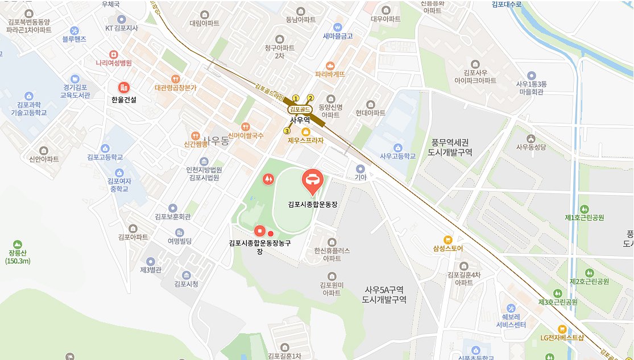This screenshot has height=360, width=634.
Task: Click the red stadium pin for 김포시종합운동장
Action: [x=312, y=180]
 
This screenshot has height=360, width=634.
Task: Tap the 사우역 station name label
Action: [x=299, y=120]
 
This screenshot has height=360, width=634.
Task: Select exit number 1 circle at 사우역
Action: [x=296, y=98]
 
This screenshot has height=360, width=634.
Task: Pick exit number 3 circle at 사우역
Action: [x=287, y=131]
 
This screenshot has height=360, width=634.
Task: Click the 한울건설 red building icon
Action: [x=123, y=88]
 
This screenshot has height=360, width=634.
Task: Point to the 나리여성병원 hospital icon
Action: [x=114, y=53]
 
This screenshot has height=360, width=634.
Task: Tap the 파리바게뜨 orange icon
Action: [x=330, y=65]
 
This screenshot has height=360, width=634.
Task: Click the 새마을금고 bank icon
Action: [x=338, y=27]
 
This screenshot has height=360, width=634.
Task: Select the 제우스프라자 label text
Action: [x=305, y=140]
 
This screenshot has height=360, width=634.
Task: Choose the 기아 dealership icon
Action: [x=360, y=168]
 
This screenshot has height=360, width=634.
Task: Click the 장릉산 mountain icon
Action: [x=18, y=244]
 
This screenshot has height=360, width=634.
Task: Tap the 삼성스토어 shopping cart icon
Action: [x=448, y=239]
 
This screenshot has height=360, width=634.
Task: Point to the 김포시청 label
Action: [x=186, y=284]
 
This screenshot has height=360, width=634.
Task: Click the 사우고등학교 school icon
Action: [x=397, y=147]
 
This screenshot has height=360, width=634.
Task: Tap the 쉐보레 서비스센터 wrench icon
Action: [x=511, y=308]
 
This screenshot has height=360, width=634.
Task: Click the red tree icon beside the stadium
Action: [x=268, y=179]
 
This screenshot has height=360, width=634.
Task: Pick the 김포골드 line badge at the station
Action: [x=300, y=109]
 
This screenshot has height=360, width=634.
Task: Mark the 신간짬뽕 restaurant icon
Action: [x=196, y=136]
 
